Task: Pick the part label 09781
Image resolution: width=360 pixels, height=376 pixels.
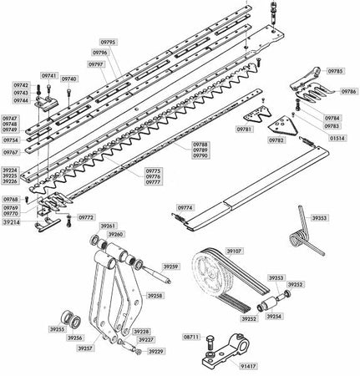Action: [244, 130]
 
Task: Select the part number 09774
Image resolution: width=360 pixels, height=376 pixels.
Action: [185, 206]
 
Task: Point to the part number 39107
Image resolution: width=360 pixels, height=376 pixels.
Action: [235, 249]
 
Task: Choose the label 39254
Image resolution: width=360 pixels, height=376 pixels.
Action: [275, 316]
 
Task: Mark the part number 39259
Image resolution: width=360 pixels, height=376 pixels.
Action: [171, 266]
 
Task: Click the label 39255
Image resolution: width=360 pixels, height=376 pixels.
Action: [57, 330]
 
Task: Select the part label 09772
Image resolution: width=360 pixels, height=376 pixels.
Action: [85, 216]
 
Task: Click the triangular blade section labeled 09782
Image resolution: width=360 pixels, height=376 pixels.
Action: [290, 128]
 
